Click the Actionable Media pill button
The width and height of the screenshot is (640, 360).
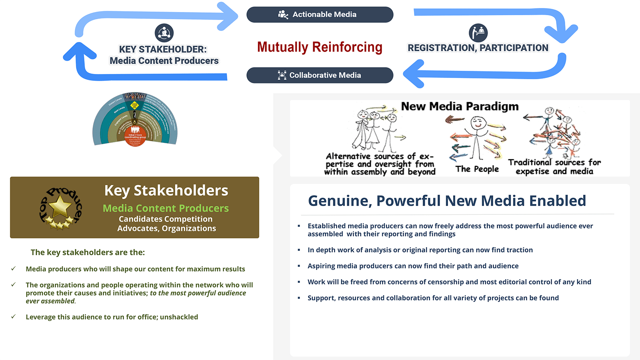[x=320, y=14]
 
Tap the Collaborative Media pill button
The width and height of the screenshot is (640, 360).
[x=320, y=75]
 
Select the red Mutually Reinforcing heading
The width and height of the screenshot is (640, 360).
[x=320, y=47]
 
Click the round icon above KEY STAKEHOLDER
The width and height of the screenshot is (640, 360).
[x=164, y=33]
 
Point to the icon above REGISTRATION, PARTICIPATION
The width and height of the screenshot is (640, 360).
[x=478, y=33]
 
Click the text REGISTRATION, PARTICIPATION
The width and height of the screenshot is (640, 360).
[x=478, y=48]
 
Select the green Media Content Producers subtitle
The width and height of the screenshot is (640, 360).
[x=166, y=208]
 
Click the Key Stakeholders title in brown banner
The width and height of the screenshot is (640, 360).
[x=166, y=191]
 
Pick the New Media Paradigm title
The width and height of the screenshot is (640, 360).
[x=460, y=106]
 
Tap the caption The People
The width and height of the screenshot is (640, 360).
[x=477, y=169]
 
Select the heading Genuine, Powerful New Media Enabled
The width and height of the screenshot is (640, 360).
[x=447, y=201]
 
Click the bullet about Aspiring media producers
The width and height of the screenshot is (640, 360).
[x=413, y=266]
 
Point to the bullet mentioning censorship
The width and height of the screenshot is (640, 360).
[x=449, y=282]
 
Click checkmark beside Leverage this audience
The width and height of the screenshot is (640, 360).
[x=14, y=316]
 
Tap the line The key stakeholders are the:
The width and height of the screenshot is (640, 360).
[x=88, y=252]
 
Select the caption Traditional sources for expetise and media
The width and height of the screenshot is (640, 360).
[x=554, y=167]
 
